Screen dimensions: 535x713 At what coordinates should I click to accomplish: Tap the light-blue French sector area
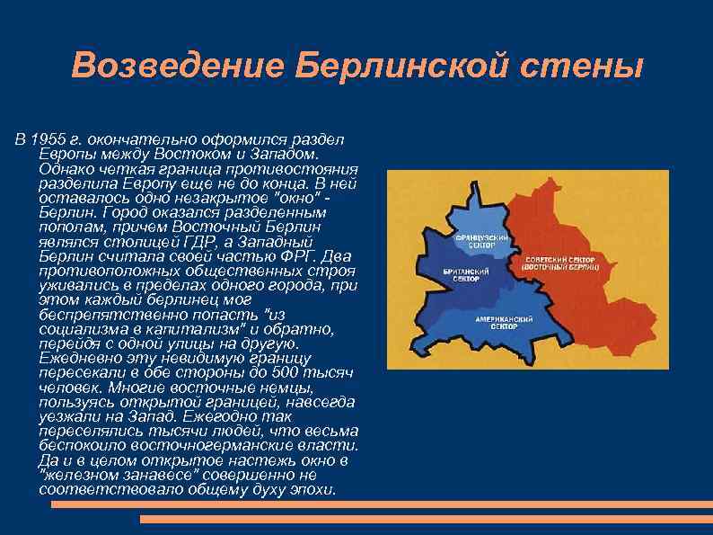pos(480,216)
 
